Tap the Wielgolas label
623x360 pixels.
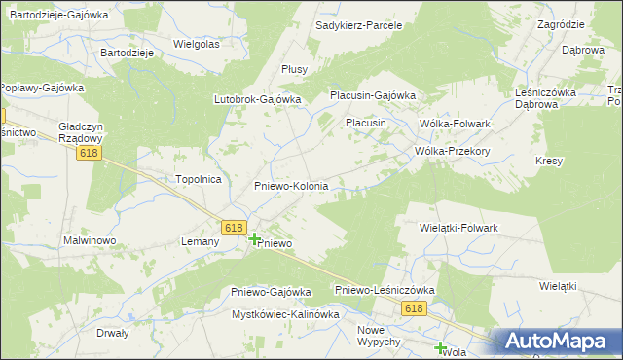pos(197,44)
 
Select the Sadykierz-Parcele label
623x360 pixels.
pos(359,24)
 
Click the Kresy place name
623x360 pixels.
pos(550,160)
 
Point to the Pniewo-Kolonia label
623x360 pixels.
pos(291,185)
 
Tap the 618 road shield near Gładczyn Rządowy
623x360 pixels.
pos(91,153)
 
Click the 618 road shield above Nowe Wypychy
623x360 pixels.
pos(416,307)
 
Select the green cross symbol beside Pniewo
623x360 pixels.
pos(255,238)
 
